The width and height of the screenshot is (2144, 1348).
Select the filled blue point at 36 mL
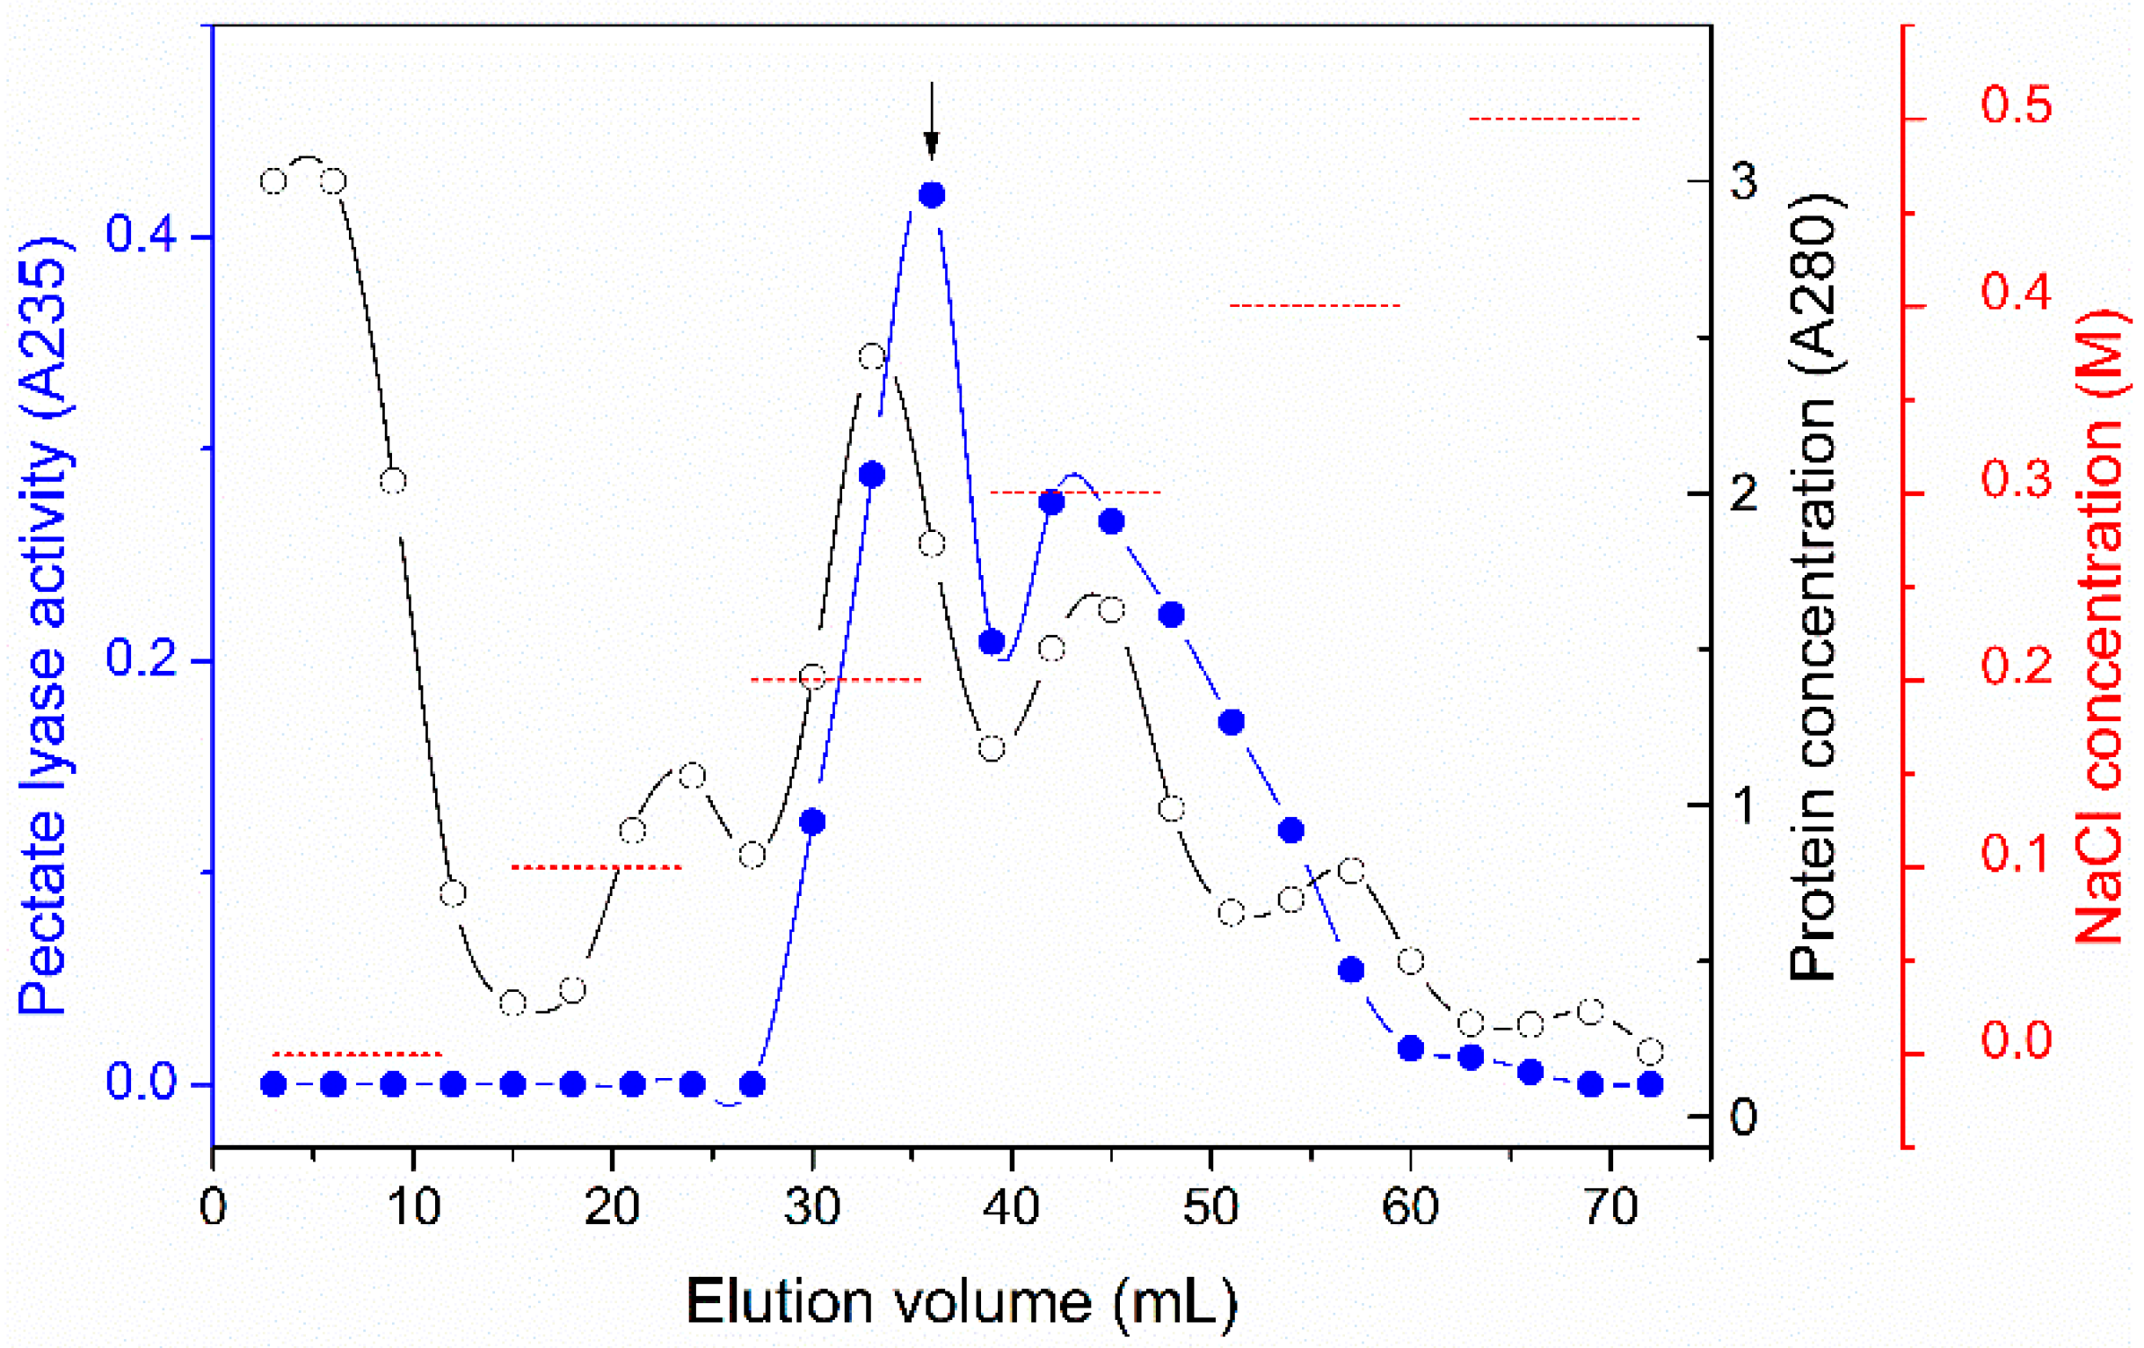tap(931, 195)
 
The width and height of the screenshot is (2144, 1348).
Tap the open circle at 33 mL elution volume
tap(872, 358)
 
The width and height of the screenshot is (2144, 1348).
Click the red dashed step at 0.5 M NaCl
tap(1553, 119)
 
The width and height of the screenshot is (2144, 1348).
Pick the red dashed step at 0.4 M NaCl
tap(1314, 305)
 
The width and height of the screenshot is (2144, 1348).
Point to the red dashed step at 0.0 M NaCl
tap(356, 1054)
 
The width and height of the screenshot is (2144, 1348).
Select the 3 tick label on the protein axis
tap(1744, 182)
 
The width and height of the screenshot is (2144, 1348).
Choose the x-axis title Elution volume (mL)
tap(962, 1301)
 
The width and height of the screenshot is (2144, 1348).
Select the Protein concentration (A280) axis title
tap(1814, 587)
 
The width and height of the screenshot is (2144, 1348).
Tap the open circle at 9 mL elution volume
tap(393, 482)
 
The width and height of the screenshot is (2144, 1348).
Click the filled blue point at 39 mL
tap(991, 642)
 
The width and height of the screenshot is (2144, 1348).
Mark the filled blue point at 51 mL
tap(1231, 722)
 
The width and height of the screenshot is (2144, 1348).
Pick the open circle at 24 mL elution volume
tap(693, 776)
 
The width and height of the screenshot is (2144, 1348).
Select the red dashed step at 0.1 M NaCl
tap(597, 867)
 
